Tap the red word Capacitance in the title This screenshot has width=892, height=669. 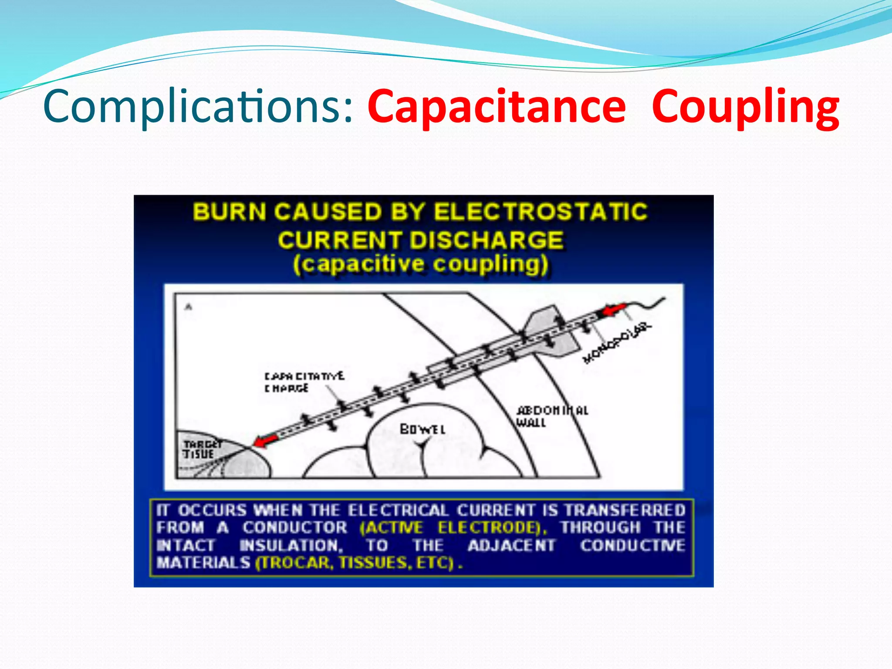coord(497,107)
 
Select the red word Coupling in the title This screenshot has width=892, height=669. coord(745,107)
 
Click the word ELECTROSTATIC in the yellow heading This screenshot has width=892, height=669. coord(541,212)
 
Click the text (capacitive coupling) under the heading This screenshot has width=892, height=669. coord(421,264)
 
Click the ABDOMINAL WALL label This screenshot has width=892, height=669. coord(551,416)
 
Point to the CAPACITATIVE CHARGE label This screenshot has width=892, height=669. coord(304,382)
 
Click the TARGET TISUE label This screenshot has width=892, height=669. coord(202,449)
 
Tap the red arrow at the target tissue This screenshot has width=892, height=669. coord(266,440)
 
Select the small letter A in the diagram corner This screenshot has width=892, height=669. coord(189,307)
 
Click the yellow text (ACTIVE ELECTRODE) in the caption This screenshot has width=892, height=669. coord(453,528)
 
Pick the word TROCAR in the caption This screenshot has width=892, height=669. coord(294,563)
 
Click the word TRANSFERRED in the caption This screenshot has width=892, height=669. coord(625,510)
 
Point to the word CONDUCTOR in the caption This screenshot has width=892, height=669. coord(295,528)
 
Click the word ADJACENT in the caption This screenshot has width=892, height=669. coord(512,545)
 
